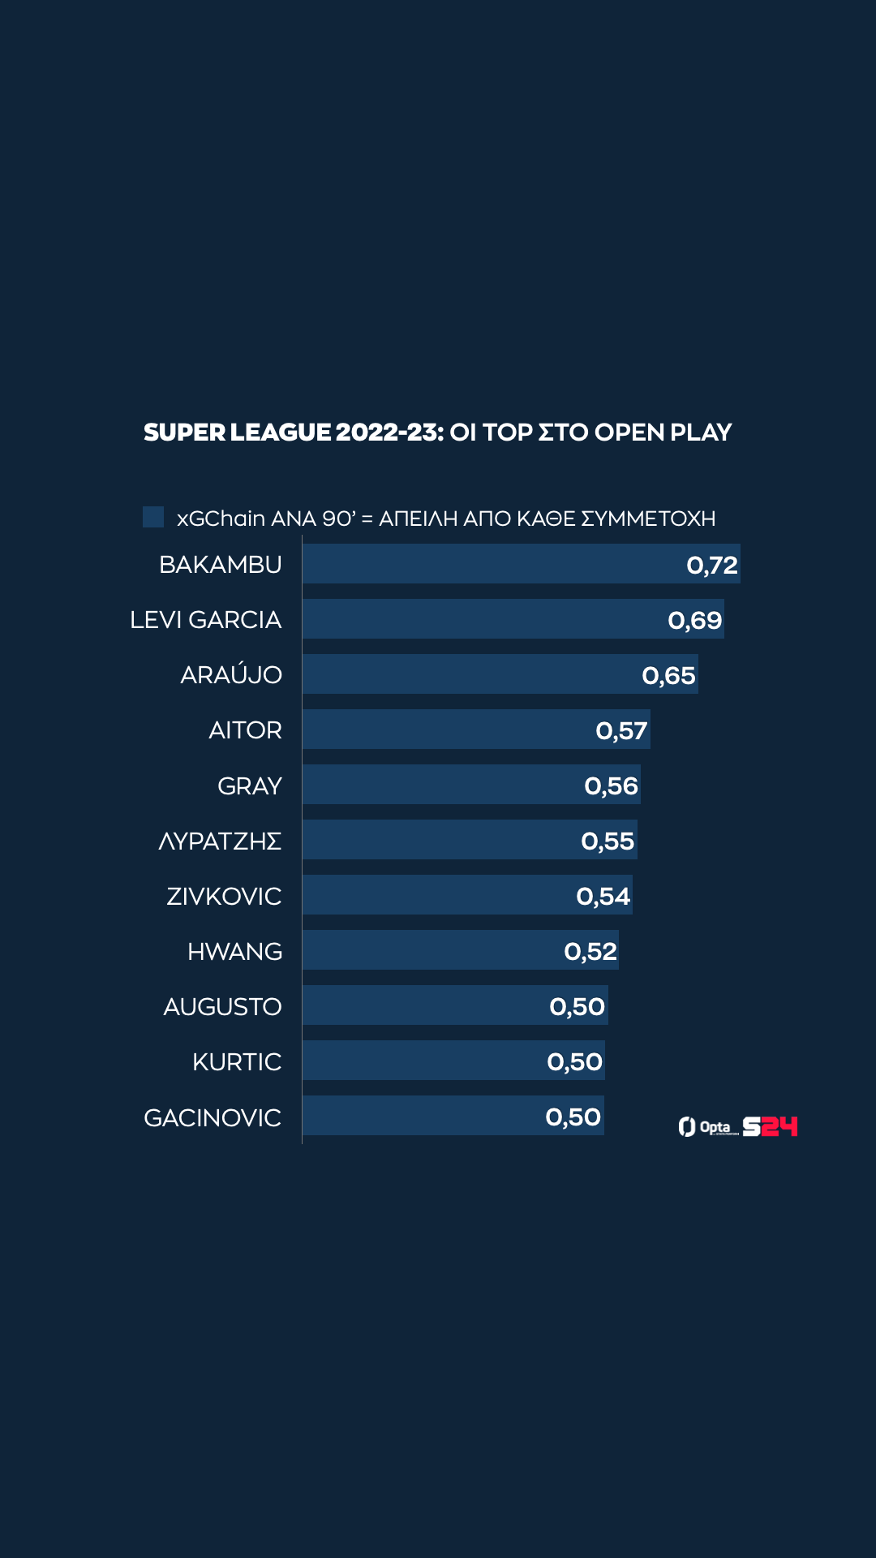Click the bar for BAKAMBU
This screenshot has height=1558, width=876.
pyautogui.click(x=487, y=564)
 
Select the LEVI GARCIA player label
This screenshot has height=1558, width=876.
pyautogui.click(x=205, y=620)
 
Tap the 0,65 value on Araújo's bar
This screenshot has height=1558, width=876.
pyautogui.click(x=668, y=675)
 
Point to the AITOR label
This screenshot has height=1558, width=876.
pyautogui.click(x=245, y=730)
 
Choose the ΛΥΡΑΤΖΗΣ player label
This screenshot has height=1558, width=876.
pyautogui.click(x=220, y=841)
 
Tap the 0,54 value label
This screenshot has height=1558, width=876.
pyautogui.click(x=603, y=896)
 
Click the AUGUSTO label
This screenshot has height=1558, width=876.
pyautogui.click(x=222, y=1007)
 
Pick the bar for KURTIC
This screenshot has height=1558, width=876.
pyautogui.click(x=422, y=1061)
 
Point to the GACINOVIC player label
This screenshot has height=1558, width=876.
pyautogui.click(x=213, y=1118)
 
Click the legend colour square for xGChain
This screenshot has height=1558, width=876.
pyautogui.click(x=153, y=517)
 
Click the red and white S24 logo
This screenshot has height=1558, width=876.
pyautogui.click(x=770, y=1126)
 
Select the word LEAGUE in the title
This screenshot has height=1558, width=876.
pyautogui.click(x=281, y=433)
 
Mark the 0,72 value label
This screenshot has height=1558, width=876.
pyautogui.click(x=711, y=565)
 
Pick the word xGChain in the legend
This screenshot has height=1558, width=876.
pyautogui.click(x=221, y=519)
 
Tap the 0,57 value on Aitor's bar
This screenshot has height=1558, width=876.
pyautogui.click(x=621, y=730)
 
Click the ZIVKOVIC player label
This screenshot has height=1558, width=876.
pyautogui.click(x=224, y=897)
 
